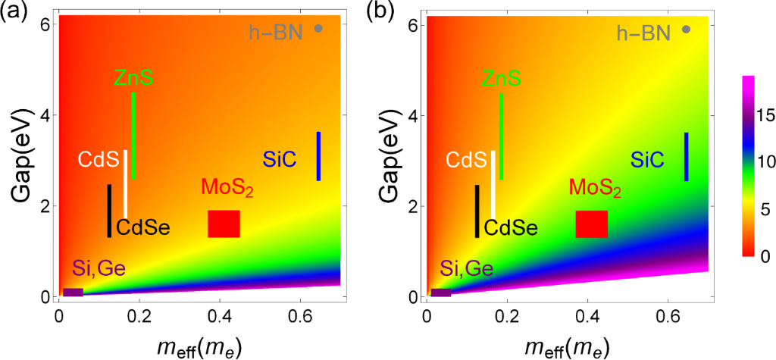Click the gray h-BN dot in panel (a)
tap(318, 29)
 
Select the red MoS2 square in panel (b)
tap(591, 224)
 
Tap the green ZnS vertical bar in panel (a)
tap(133, 136)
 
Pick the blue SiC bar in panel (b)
tap(686, 157)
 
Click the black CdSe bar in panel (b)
tap(477, 211)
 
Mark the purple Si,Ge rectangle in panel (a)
tap(73, 293)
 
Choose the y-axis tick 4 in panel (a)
tap(46, 116)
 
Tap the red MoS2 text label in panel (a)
tap(227, 188)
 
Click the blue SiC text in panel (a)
tap(280, 159)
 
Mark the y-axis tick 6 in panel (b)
tap(415, 25)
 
